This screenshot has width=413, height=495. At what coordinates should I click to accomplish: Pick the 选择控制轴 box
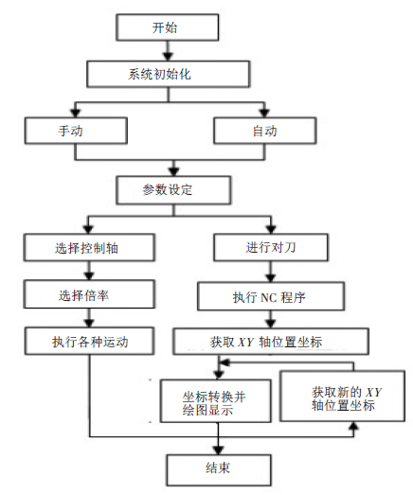(87, 248)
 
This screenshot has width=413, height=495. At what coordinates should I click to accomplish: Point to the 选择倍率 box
(87, 293)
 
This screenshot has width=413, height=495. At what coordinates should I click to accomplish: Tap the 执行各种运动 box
(88, 339)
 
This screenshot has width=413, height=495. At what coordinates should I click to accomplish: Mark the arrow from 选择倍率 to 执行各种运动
(87, 316)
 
